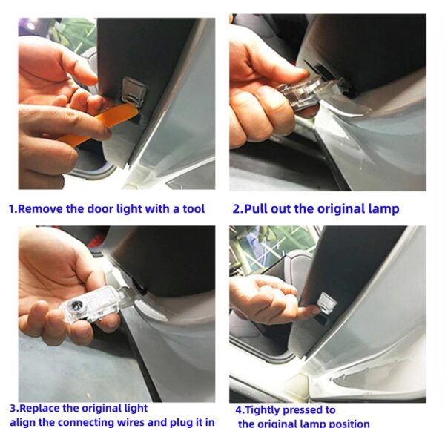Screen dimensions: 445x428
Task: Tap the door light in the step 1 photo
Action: (134, 91)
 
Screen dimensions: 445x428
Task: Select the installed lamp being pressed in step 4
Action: (326, 303)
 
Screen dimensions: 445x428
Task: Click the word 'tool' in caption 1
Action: (194, 209)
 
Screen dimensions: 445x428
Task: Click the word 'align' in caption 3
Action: (22, 422)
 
